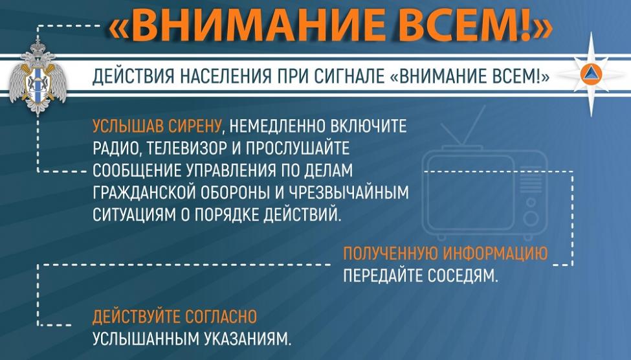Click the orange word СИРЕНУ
pyautogui.click(x=194, y=126)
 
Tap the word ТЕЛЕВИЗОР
pyautogui.click(x=187, y=148)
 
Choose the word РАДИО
pyautogui.click(x=115, y=149)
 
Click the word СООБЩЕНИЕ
pyautogui.click(x=136, y=171)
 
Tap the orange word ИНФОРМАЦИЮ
pyautogui.click(x=495, y=254)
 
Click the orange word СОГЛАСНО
pyautogui.click(x=221, y=317)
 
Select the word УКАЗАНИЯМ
pyautogui.click(x=247, y=339)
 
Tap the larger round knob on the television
pyautogui.click(x=531, y=219)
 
